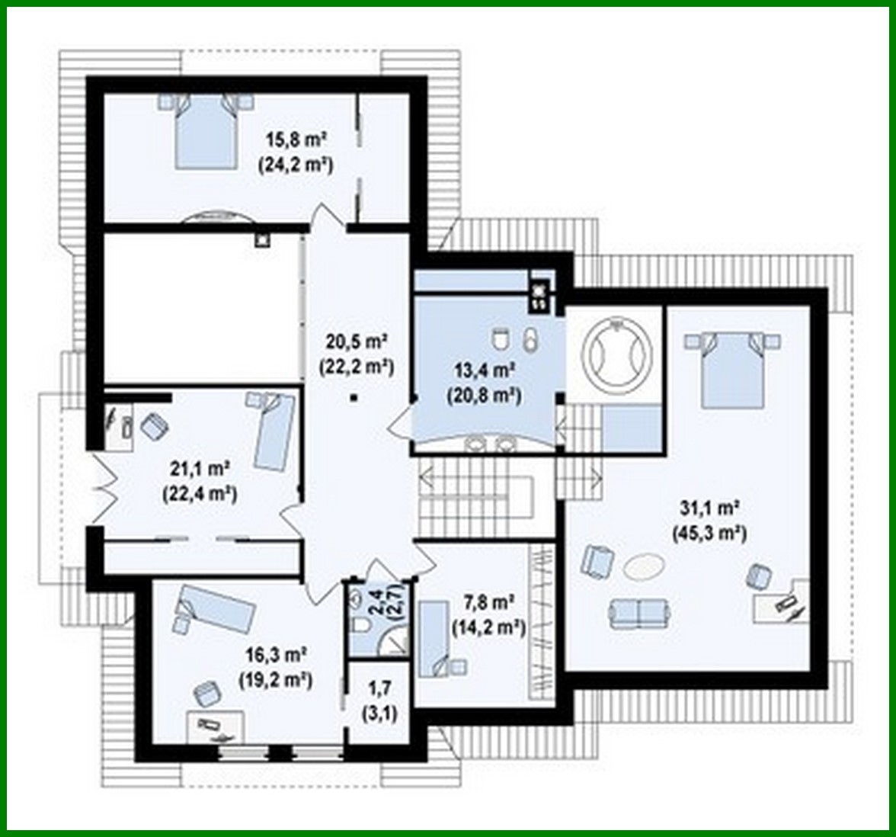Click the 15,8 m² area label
pyautogui.click(x=296, y=140)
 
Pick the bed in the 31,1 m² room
pyautogui.click(x=731, y=370)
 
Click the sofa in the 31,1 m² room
pyautogui.click(x=638, y=612)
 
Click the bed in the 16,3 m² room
pyautogui.click(x=216, y=608)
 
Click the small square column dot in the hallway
pyautogui.click(x=355, y=397)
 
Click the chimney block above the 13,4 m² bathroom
pyautogui.click(x=539, y=293)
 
